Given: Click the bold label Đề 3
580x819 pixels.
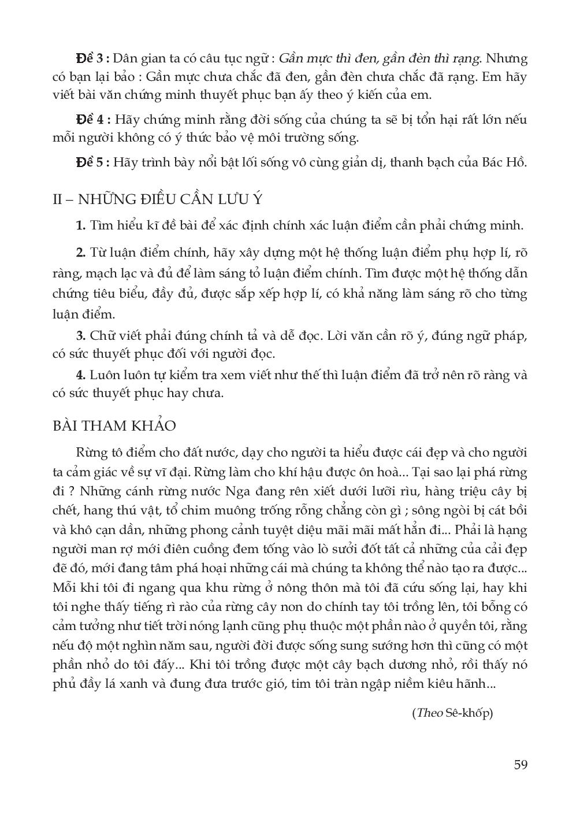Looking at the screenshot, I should [91, 59].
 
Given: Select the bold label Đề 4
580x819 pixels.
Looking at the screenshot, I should [91, 120].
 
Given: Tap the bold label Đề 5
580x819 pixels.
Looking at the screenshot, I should [91, 162].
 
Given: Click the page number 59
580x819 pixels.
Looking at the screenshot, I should [520, 765].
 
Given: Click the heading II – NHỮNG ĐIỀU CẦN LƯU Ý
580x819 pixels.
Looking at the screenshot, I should [157, 199].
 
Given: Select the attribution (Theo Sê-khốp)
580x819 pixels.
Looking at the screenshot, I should [452, 713].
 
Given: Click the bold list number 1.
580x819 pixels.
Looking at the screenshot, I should [81, 225].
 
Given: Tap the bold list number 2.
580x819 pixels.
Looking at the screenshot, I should [81, 253].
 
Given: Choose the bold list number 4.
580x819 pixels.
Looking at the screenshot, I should [81, 375].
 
